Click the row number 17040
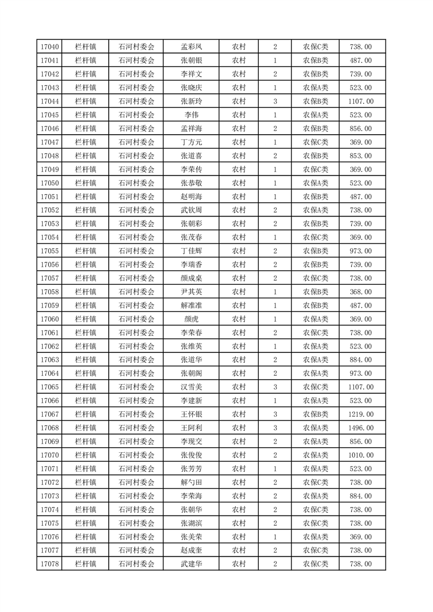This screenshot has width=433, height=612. [x=50, y=47]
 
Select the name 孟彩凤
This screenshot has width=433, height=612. [x=191, y=47]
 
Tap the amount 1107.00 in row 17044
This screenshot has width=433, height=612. [x=360, y=101]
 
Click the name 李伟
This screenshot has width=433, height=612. [x=191, y=115]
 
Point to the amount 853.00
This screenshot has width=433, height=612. [x=360, y=156]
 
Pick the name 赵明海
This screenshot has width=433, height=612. [x=191, y=197]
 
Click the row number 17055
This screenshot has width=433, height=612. [x=50, y=251]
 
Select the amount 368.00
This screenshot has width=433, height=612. [x=360, y=292]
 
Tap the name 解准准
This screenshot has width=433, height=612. [x=191, y=305]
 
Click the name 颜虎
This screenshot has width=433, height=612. [x=191, y=319]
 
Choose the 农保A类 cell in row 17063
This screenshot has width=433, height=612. [x=316, y=360]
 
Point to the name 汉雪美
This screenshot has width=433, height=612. [x=191, y=387]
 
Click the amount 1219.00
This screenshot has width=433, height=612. [x=360, y=415]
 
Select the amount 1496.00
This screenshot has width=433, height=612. [x=360, y=428]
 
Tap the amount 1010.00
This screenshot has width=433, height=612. [x=360, y=455]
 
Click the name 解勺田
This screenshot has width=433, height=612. [x=191, y=482]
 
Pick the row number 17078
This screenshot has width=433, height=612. [x=50, y=564]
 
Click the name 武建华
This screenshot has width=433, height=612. [x=191, y=564]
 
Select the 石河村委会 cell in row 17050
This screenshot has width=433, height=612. [x=137, y=183]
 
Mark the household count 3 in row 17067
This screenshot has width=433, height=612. [x=275, y=415]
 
